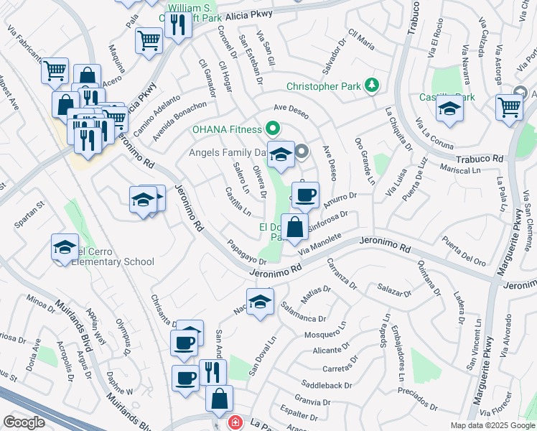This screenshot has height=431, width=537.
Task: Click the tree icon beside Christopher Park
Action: pyautogui.click(x=371, y=86)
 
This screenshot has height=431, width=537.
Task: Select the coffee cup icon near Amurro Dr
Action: pyautogui.click(x=306, y=195)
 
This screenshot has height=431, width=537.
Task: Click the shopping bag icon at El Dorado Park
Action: pyautogui.click(x=294, y=228)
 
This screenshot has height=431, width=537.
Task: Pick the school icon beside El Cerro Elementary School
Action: pyautogui.click(x=65, y=248)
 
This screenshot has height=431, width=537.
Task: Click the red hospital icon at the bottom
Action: pyautogui.click(x=234, y=423)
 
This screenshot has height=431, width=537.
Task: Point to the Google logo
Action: pyautogui.click(x=24, y=422)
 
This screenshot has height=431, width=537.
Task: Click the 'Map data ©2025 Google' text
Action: pyautogui.click(x=492, y=425)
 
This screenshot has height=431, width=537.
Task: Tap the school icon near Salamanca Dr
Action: pyautogui.click(x=260, y=301)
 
